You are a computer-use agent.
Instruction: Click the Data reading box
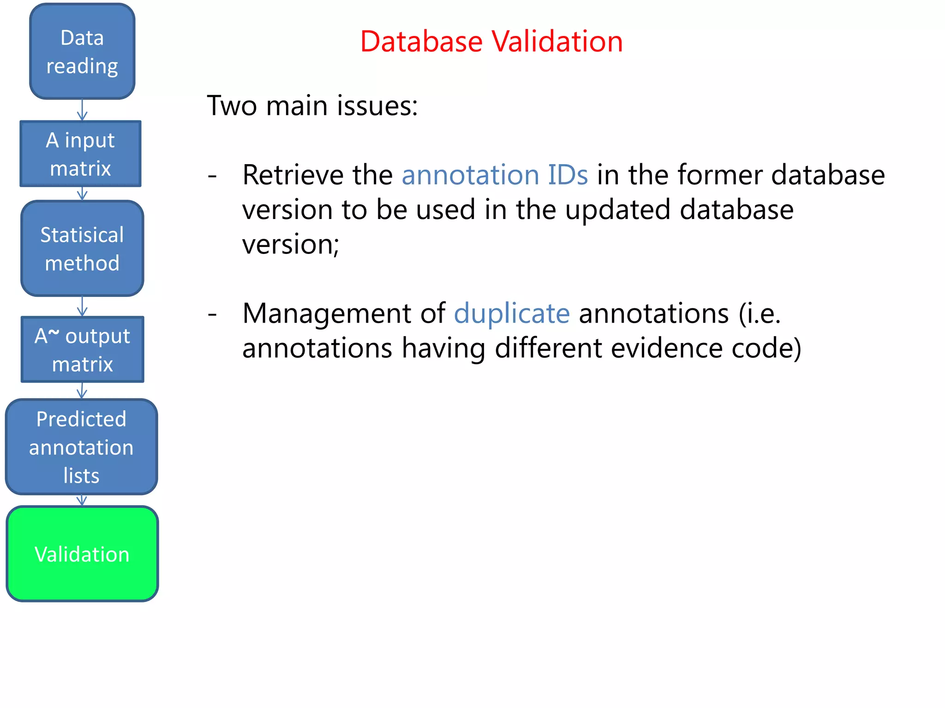coord(82,51)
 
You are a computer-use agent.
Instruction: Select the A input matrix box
coord(81,154)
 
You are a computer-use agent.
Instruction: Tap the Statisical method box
coord(82,248)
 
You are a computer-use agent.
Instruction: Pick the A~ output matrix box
coord(83,349)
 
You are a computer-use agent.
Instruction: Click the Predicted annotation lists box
coord(82,447)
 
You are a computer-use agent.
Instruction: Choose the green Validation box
coord(82,554)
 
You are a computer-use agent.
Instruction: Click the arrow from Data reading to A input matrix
coord(82,110)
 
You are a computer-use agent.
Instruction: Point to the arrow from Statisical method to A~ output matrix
coord(82,306)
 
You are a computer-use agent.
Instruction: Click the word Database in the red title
coord(421,41)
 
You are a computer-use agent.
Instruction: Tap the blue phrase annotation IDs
coord(495,175)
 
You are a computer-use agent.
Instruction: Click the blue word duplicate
coord(512,314)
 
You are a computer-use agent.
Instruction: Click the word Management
coord(344,314)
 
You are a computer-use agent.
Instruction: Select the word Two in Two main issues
coord(232,106)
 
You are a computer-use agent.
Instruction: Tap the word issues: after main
coord(377,106)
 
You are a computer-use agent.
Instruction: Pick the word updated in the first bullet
coord(618,210)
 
